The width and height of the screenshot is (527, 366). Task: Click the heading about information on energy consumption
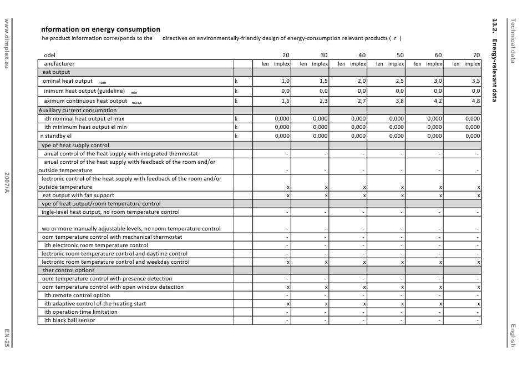(x=100, y=29)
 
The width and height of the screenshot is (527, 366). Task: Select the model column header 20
(x=286, y=56)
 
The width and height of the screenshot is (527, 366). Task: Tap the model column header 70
(x=477, y=56)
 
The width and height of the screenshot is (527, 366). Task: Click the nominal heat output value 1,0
(x=286, y=81)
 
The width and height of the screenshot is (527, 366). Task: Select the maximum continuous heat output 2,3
(x=323, y=101)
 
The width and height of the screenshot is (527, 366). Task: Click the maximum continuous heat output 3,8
(x=400, y=101)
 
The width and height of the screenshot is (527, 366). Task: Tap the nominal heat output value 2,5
(x=400, y=81)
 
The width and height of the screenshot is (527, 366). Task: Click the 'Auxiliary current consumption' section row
(x=78, y=111)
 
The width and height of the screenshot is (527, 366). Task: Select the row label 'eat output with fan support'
(x=78, y=195)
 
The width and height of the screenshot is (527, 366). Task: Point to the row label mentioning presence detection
(x=107, y=279)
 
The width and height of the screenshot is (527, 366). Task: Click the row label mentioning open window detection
(x=113, y=287)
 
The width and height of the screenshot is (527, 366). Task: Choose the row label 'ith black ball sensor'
(x=70, y=320)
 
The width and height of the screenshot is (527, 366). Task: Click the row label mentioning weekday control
(x=115, y=262)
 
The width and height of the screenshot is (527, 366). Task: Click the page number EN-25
(x=6, y=338)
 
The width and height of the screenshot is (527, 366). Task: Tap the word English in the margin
(x=513, y=335)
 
